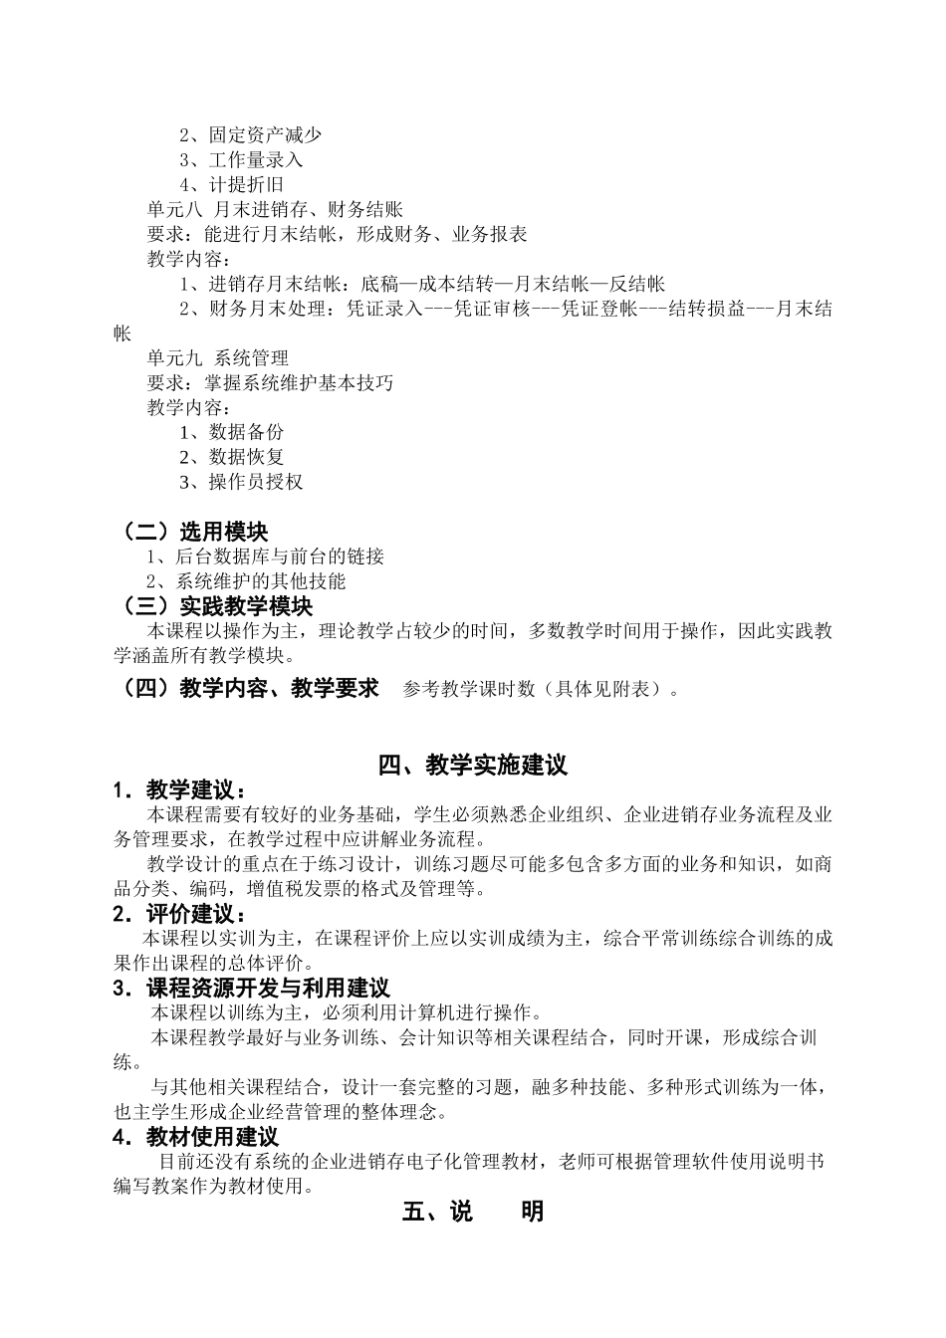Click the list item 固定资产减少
click(250, 135)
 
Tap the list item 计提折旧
click(231, 185)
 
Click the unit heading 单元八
click(174, 210)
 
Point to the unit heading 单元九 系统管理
click(217, 358)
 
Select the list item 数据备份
click(231, 433)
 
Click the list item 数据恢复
click(231, 458)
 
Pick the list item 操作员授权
click(241, 483)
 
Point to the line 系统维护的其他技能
click(246, 582)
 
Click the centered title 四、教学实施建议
click(473, 766)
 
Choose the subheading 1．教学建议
click(178, 790)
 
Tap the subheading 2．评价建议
click(178, 914)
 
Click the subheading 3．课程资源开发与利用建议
click(251, 989)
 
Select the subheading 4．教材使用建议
click(196, 1137)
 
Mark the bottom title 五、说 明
click(473, 1212)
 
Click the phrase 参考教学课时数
click(475, 689)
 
